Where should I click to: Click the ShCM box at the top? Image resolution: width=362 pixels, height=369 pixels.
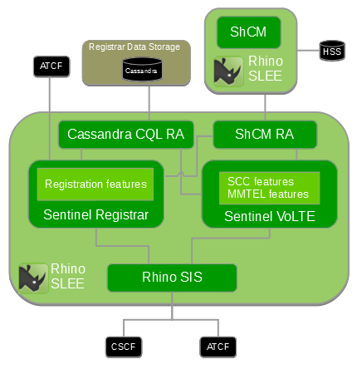coord(249,32)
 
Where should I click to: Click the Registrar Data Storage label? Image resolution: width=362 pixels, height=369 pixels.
coord(135,47)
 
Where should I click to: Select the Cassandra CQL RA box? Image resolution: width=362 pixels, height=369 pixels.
coord(126,134)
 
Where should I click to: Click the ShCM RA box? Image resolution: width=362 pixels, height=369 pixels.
coord(264,134)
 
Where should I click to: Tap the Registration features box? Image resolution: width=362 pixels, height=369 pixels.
coord(95,184)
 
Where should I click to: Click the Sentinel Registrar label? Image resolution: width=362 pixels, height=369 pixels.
coord(95,215)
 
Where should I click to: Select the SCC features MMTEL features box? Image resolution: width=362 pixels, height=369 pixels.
coord(268,188)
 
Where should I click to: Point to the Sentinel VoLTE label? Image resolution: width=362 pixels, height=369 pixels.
coord(268,216)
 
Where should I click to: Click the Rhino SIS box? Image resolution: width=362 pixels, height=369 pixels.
coord(173,278)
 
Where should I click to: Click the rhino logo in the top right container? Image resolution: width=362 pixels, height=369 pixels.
coord(227,71)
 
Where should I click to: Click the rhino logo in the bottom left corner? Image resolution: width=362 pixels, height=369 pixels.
coord(33,276)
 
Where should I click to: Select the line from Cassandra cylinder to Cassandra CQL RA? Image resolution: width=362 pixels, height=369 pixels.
coord(148,101)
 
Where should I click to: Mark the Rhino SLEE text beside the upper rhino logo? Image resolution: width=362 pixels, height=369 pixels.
coord(264,70)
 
